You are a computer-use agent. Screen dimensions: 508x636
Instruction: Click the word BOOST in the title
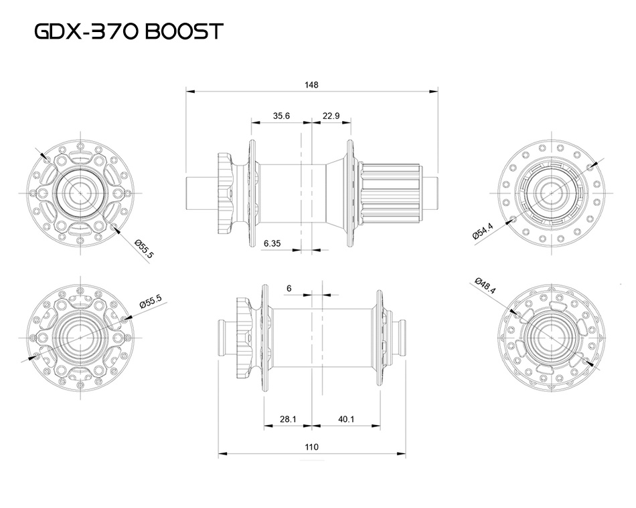click(181, 32)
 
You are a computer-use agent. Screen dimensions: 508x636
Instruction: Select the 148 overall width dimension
click(311, 85)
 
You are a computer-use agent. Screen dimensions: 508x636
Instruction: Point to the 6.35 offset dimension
click(272, 244)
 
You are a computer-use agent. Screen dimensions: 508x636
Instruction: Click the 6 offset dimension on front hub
click(289, 288)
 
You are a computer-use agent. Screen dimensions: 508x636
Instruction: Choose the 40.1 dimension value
click(346, 419)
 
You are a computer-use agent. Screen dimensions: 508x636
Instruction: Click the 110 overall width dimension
click(311, 447)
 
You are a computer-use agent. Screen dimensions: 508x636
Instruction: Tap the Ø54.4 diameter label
click(483, 230)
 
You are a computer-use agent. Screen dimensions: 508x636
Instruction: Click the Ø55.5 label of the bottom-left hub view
click(151, 302)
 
